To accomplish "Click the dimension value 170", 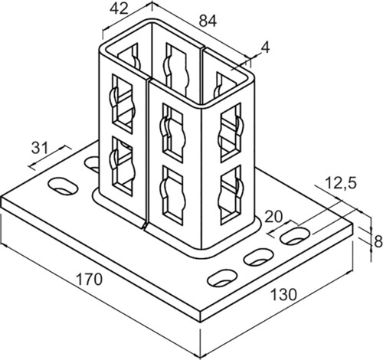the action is coord(90,279).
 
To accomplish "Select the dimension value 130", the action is coord(283,295).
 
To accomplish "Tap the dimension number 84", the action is coord(208,21).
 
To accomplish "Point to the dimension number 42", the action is coord(119,9).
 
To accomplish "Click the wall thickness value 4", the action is coord(266,47).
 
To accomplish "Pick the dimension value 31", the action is coord(40,148).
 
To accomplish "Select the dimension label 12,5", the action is coord(341,183).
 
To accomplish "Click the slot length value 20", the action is coord(273,218).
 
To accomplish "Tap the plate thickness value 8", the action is coord(378,241).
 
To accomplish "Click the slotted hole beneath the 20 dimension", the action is coord(295,237).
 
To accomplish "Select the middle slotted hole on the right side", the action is coord(258,257).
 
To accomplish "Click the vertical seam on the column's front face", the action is coord(147,153).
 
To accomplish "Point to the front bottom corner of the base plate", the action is coord(201,322).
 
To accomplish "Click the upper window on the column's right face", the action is coord(231,133).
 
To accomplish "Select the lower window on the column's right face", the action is coord(231,195).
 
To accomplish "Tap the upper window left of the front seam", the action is coord(123,103).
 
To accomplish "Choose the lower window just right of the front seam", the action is coord(173,195).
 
